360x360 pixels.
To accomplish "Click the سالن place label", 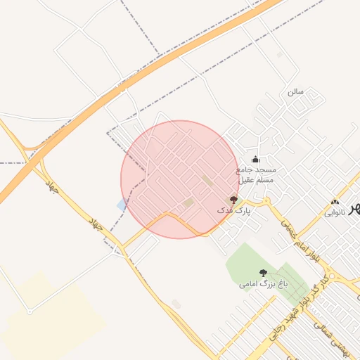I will pyautogui.click(x=294, y=92).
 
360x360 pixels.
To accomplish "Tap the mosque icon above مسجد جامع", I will pyautogui.click(x=255, y=159).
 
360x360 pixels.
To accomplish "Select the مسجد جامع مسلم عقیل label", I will pyautogui.click(x=256, y=175).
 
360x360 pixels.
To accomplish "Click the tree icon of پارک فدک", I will pyautogui.click(x=234, y=200).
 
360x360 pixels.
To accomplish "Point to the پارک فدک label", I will pyautogui.click(x=233, y=210).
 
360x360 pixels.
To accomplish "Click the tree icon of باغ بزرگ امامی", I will pyautogui.click(x=264, y=273).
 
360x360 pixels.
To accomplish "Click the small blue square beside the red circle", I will pyautogui.click(x=122, y=205).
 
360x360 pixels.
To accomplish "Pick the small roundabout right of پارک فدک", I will pyautogui.click(x=266, y=202).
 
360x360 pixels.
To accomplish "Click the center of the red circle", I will pyautogui.click(x=180, y=179).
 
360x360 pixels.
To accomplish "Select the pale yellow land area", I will pyautogui.click(x=49, y=316).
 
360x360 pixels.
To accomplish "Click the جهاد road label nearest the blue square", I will pyautogui.click(x=95, y=226).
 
